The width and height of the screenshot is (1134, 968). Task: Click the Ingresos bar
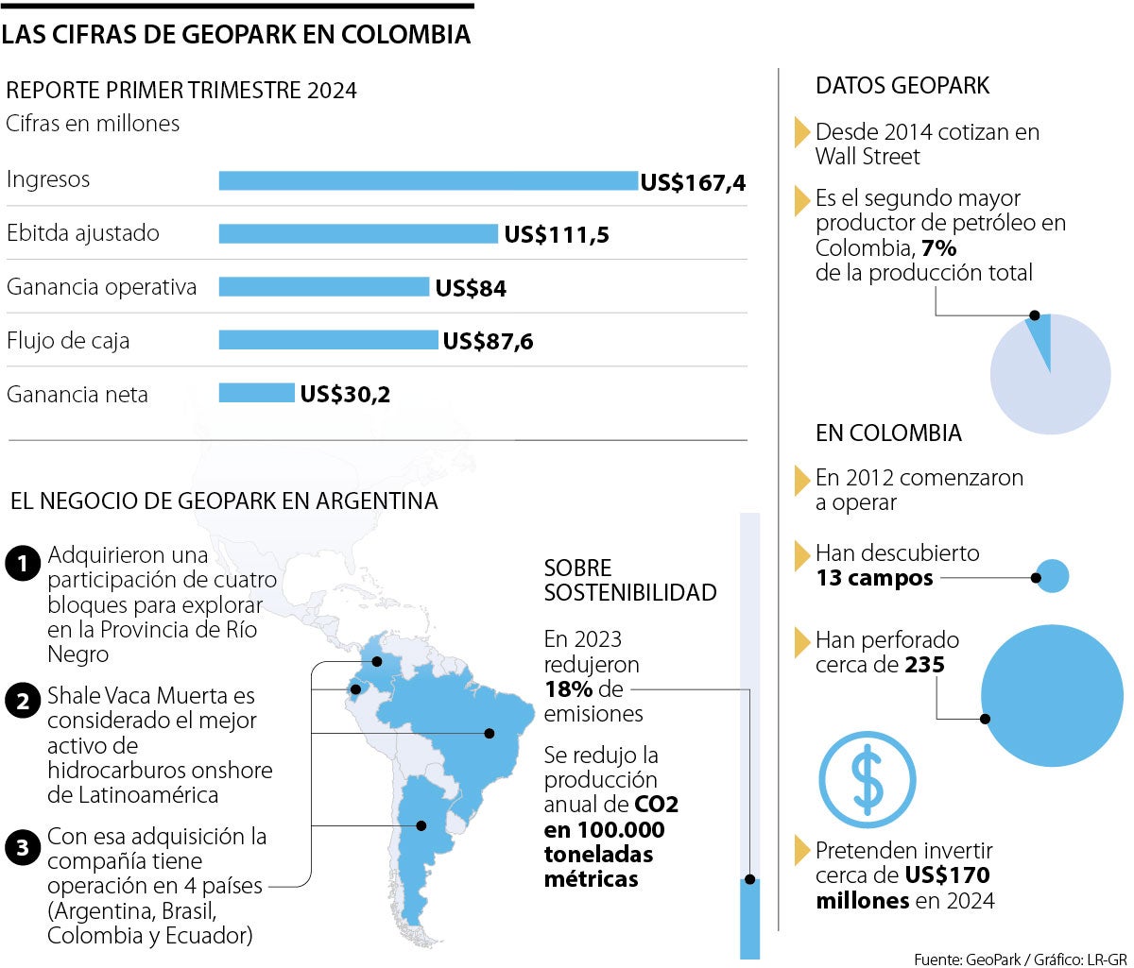(x=428, y=180)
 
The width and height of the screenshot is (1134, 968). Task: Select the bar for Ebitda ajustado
(x=358, y=234)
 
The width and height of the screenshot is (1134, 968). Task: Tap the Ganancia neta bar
(x=256, y=393)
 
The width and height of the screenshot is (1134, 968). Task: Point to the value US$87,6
(x=488, y=342)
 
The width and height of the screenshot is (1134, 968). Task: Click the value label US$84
(x=471, y=289)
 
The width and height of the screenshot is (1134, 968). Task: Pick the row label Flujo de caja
(x=68, y=340)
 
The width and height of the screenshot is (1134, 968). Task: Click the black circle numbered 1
(x=21, y=565)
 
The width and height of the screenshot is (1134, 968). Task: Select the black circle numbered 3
(x=21, y=848)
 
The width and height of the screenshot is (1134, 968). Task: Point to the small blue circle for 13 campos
(x=1053, y=575)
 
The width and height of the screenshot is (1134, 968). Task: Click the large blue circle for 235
(x=1052, y=696)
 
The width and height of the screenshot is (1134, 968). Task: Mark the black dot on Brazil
(x=490, y=733)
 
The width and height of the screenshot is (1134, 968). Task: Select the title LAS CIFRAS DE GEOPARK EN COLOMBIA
(x=236, y=34)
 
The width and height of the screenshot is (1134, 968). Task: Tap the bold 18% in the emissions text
(x=568, y=688)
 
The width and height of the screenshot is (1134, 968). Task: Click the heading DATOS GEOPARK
(x=902, y=86)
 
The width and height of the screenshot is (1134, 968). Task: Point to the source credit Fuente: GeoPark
(x=967, y=960)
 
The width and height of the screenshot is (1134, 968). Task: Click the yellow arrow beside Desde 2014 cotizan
(x=802, y=131)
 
